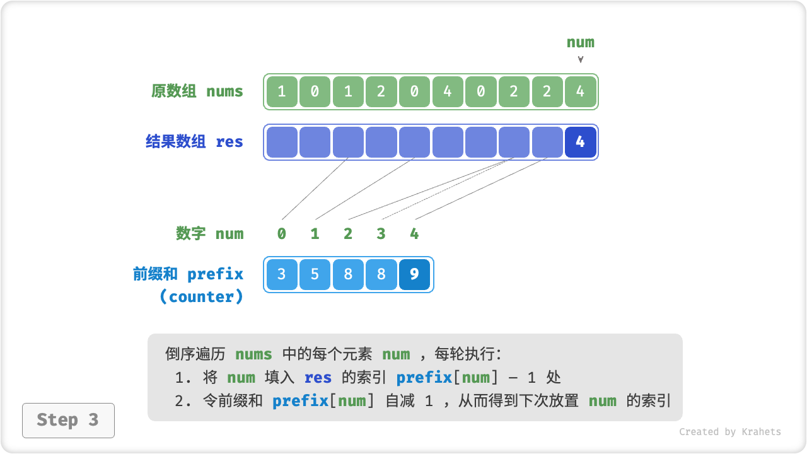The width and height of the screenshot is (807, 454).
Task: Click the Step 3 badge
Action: tap(68, 420)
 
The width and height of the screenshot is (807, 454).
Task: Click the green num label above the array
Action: tap(580, 42)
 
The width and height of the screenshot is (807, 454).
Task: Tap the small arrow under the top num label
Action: tap(580, 59)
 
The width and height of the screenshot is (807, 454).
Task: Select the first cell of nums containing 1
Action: tap(281, 91)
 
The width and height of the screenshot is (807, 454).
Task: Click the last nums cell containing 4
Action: tap(580, 91)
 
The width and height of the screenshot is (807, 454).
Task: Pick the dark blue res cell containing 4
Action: tap(580, 142)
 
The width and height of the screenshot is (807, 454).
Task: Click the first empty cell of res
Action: tap(281, 142)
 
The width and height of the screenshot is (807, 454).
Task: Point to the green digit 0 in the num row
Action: tap(281, 234)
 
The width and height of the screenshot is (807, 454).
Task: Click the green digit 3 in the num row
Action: tap(381, 234)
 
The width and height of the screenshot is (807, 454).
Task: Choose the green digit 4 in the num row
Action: tap(414, 234)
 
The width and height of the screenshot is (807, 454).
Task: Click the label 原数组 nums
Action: tap(197, 91)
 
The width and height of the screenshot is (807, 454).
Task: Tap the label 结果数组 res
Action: tap(194, 142)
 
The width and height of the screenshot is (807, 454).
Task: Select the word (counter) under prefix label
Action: tap(201, 297)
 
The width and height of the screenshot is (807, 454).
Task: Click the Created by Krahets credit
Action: tap(729, 432)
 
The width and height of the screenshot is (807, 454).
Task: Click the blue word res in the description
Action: tap(318, 378)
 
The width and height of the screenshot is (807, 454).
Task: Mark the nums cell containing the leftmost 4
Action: tap(448, 91)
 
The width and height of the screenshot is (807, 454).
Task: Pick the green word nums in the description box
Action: tap(253, 354)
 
